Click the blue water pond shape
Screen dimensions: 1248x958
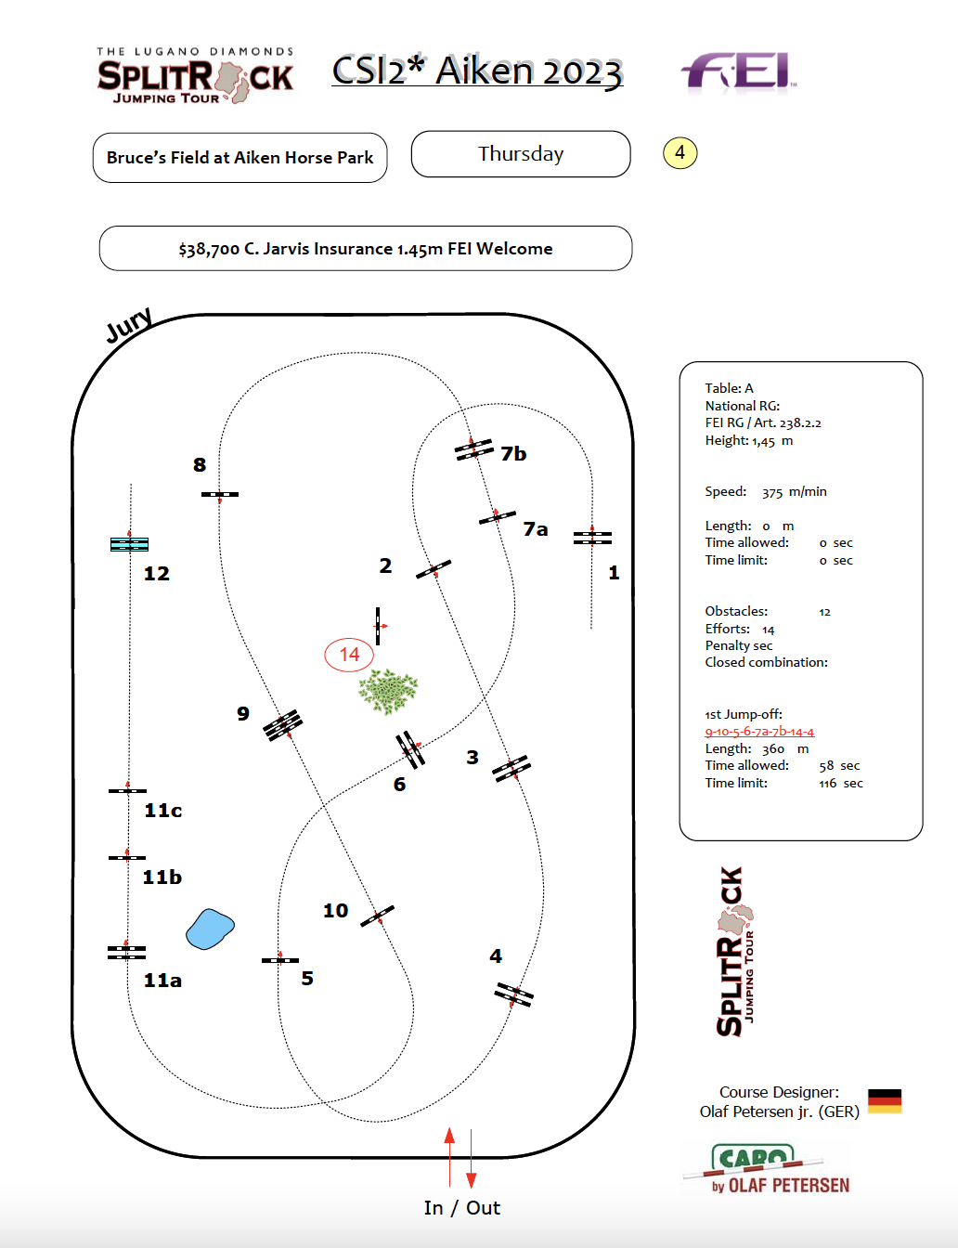point(210,929)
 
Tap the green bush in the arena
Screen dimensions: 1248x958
point(388,691)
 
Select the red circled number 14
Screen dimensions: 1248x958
point(349,655)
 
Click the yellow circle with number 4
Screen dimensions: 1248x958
point(680,152)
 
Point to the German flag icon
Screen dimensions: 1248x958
point(885,1101)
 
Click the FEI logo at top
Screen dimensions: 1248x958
point(739,71)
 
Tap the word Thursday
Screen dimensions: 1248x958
point(521,154)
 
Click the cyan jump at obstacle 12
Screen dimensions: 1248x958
point(129,544)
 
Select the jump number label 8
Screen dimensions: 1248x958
point(200,465)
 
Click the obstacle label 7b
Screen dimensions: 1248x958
point(513,454)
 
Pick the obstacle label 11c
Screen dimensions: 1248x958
point(163,811)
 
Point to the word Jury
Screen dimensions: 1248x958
point(129,325)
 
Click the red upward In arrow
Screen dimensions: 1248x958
point(450,1156)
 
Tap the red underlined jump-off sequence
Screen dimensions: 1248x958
point(759,732)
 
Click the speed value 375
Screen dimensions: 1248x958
point(772,492)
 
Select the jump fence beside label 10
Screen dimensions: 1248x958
point(378,916)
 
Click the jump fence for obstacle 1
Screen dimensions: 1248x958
point(592,538)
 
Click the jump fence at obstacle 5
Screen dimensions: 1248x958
point(279,960)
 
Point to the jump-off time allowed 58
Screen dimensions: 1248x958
point(825,766)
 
